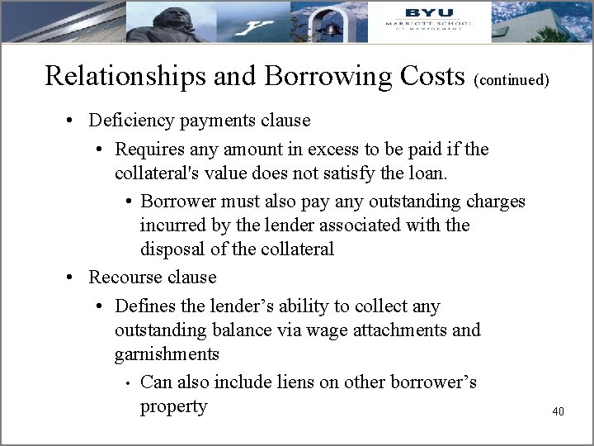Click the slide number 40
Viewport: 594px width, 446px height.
click(558, 411)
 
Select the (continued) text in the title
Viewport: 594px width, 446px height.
click(512, 81)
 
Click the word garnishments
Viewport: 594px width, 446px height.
click(167, 354)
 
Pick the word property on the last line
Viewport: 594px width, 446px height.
click(173, 406)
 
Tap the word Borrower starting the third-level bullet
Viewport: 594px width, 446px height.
click(178, 202)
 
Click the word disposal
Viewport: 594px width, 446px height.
click(172, 249)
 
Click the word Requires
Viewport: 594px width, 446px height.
click(149, 149)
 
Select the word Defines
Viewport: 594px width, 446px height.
click(145, 306)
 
